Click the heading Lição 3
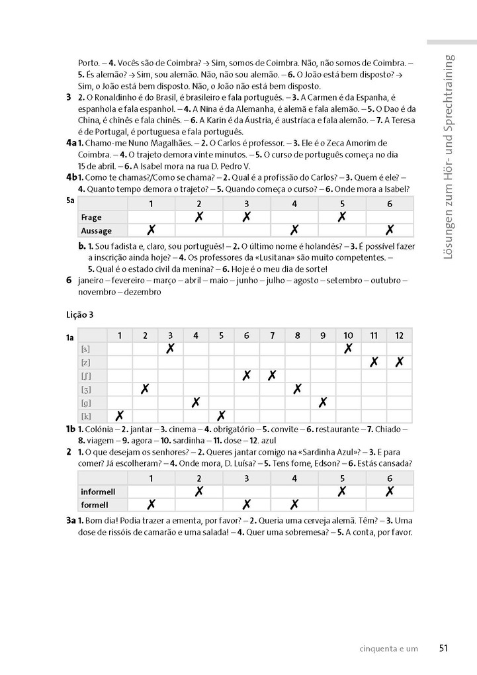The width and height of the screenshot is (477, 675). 80,315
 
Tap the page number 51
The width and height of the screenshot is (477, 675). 443,649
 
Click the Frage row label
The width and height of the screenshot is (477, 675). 91,217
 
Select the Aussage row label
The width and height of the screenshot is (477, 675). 96,231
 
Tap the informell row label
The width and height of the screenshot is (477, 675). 98,492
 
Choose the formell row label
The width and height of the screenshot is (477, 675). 94,505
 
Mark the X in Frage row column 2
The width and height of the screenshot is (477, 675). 198,216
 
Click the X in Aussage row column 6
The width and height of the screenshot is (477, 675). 390,230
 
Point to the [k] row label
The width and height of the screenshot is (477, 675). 85,416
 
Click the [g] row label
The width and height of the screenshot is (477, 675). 85,402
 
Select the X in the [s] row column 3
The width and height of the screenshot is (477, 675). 170,348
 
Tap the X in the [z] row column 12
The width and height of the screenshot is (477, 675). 399,362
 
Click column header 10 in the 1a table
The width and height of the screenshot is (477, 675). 348,335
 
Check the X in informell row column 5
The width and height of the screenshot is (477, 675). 342,491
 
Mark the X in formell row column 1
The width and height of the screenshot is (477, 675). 151,505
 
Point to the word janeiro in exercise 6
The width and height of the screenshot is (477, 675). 91,280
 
